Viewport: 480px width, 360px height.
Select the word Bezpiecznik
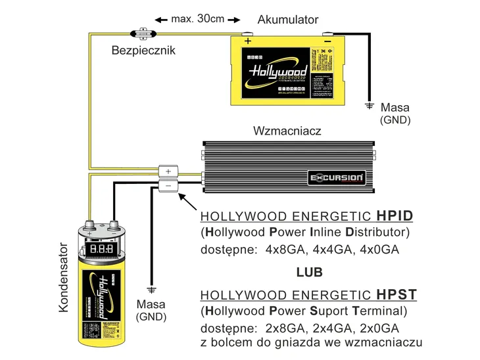click(143, 50)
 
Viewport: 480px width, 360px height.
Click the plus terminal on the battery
click(248, 39)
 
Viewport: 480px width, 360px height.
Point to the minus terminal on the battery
click(328, 39)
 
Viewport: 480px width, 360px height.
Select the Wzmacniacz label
click(287, 131)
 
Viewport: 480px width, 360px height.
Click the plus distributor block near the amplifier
click(168, 171)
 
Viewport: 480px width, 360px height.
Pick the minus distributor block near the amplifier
click(168, 186)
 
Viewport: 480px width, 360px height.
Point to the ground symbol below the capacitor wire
click(152, 288)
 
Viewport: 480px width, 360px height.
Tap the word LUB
click(309, 271)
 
